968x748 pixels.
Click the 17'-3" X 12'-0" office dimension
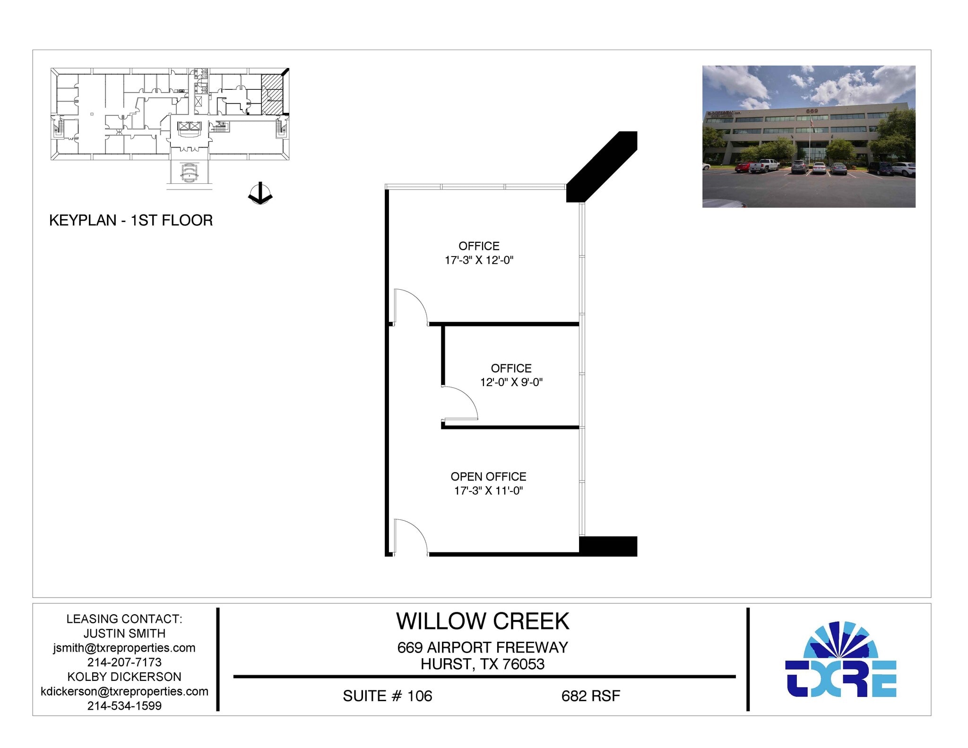[478, 260]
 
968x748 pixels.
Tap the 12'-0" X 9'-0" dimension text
[511, 382]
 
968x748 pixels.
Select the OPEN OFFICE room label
[488, 476]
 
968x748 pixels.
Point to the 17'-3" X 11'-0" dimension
[488, 491]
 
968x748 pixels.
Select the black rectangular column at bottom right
[608, 546]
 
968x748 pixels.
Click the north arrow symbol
[260, 194]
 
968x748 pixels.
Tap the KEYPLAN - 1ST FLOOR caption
[131, 220]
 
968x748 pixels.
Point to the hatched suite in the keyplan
[272, 94]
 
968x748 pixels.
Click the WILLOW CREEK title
[482, 621]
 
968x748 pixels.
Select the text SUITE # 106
[387, 696]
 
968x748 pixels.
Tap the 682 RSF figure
[590, 696]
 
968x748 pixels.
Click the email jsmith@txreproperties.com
[124, 648]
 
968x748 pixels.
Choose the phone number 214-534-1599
[124, 705]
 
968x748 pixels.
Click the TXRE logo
[840, 660]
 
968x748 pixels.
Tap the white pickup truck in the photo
[764, 165]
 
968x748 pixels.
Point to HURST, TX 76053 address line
[482, 664]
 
